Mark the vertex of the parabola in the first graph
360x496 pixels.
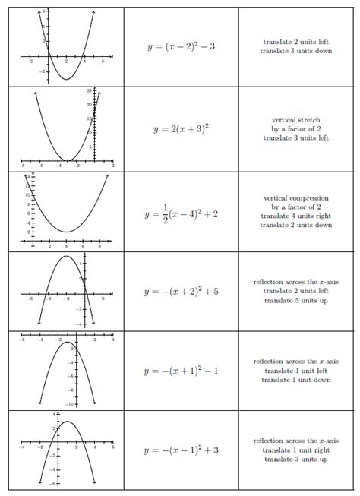click(x=66, y=79)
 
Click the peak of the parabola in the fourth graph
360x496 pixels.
click(x=66, y=256)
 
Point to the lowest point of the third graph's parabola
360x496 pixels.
click(x=67, y=232)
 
